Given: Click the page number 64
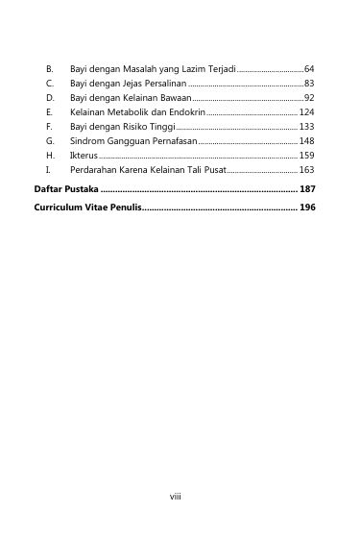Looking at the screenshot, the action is click(309, 71).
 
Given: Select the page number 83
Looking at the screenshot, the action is click(309, 85).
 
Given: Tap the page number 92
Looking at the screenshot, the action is click(309, 99).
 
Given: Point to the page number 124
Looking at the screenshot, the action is click(306, 112).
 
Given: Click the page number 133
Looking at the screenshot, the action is click(306, 127).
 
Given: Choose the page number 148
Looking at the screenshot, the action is click(306, 140).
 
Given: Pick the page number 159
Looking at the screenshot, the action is click(306, 155).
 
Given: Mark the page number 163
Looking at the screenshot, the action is click(306, 168).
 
